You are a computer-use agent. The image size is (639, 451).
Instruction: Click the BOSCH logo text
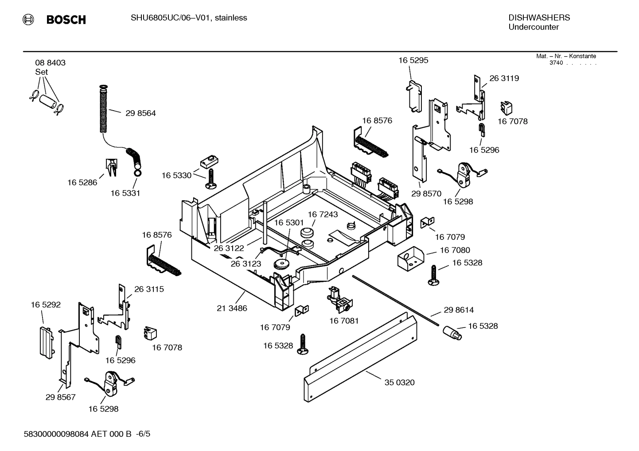click(x=66, y=19)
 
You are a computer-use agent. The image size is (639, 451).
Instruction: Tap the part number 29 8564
click(x=140, y=113)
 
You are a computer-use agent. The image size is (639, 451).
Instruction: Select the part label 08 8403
click(x=50, y=63)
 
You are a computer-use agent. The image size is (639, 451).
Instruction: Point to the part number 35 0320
click(x=399, y=382)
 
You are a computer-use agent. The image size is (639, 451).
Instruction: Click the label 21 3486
click(x=232, y=308)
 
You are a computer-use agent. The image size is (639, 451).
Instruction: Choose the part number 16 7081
click(x=343, y=320)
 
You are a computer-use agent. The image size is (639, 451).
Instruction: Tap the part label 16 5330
click(x=176, y=175)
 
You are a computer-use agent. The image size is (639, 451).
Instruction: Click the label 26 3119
click(x=504, y=78)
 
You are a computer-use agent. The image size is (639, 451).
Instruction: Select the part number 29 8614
click(x=459, y=310)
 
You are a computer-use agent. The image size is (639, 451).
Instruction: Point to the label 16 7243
click(x=323, y=215)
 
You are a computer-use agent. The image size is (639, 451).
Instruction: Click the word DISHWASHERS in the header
click(x=539, y=18)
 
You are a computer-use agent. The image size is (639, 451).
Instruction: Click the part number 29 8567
click(x=60, y=397)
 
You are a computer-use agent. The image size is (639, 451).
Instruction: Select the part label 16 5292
click(x=46, y=305)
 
